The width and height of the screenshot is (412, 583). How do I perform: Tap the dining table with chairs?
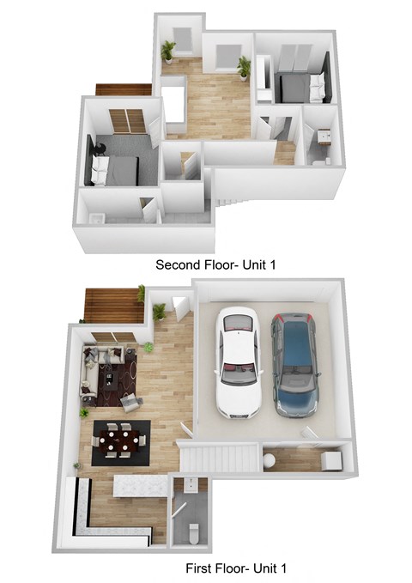[x=120, y=440]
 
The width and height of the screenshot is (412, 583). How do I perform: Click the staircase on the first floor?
[x=219, y=456]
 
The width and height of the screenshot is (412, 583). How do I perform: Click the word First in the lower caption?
[x=201, y=568]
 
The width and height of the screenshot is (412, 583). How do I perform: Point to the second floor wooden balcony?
[x=123, y=88]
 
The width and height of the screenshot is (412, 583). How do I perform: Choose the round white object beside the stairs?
[x=270, y=461]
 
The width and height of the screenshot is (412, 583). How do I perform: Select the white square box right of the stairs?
[x=330, y=460]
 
